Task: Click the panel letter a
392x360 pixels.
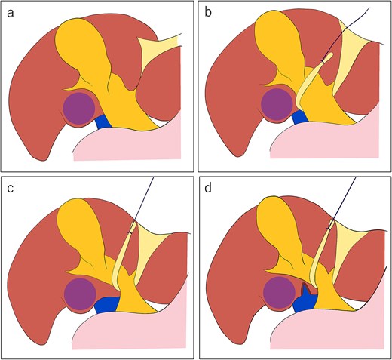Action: pos(11,14)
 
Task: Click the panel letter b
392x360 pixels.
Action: pos(208,12)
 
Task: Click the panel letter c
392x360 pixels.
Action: pos(11,189)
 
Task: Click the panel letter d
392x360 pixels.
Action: pos(208,188)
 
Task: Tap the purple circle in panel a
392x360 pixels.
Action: pos(79,108)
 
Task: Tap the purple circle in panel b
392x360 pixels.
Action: pos(277,104)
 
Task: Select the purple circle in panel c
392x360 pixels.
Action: pos(80,294)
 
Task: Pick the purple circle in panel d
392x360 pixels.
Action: pos(279,293)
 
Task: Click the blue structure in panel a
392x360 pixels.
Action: pos(103,122)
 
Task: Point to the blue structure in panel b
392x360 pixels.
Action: pos(301,118)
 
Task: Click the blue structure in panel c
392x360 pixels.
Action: pos(107,305)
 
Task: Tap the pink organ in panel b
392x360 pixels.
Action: pos(326,141)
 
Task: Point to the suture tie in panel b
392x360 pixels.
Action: pos(323,61)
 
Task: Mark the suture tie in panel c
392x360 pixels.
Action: pos(130,232)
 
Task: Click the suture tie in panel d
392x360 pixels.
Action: pos(328,229)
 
